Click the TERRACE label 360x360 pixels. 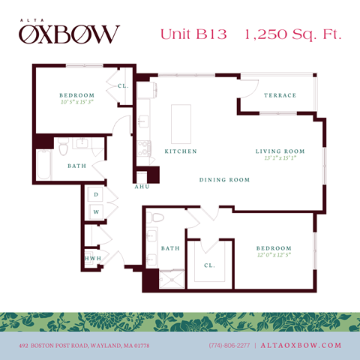(280, 95)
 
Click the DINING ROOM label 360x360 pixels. (224, 180)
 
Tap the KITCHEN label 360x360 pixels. (181, 151)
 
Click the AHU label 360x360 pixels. (142, 187)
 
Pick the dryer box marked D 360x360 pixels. (97, 195)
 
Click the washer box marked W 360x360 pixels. (97, 211)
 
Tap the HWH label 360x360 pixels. (93, 259)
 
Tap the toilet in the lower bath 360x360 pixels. (156, 218)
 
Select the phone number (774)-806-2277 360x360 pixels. (230, 345)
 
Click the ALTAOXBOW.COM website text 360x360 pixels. (301, 345)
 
